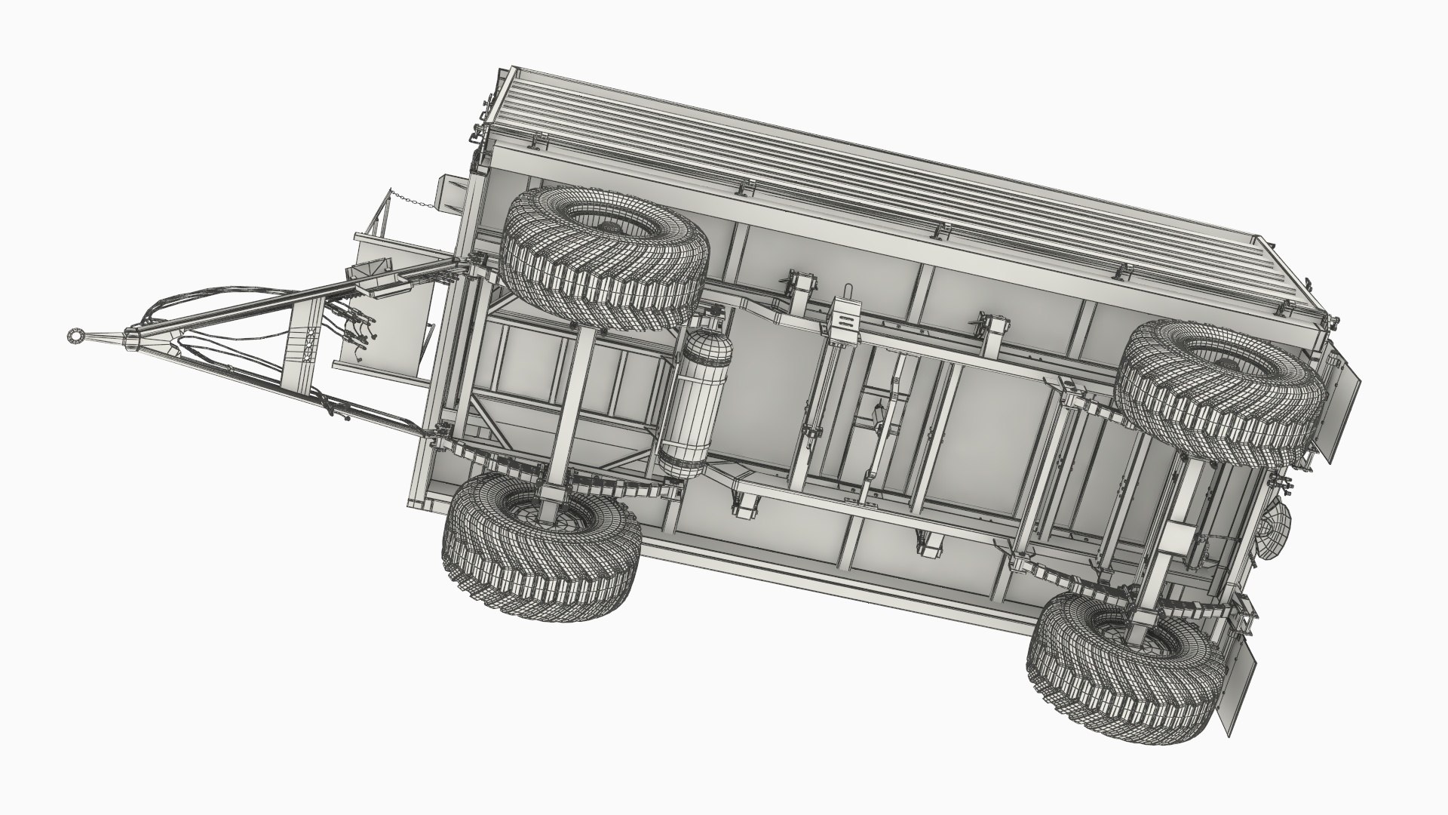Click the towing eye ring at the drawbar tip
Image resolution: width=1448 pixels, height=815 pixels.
75,334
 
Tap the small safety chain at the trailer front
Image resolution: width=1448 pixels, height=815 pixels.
411,200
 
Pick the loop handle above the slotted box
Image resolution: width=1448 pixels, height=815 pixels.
845,291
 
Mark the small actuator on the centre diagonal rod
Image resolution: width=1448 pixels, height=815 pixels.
877,414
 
